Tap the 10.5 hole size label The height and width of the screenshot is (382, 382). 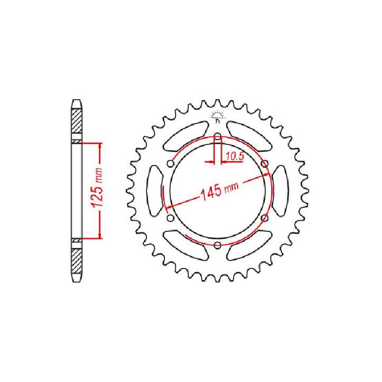pyautogui.click(x=234, y=156)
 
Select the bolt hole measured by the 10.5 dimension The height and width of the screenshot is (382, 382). pyautogui.click(x=218, y=139)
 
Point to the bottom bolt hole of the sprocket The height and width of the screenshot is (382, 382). pyautogui.click(x=218, y=245)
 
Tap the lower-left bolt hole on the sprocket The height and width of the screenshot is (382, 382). pyautogui.click(x=170, y=218)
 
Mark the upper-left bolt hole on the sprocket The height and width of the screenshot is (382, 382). pyautogui.click(x=170, y=164)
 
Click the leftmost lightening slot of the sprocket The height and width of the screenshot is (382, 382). pyautogui.click(x=154, y=191)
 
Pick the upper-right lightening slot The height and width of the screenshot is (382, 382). pyautogui.click(x=249, y=135)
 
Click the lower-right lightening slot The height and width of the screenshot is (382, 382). pyautogui.click(x=249, y=246)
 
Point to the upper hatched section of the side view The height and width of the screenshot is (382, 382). pyautogui.click(x=77, y=120)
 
